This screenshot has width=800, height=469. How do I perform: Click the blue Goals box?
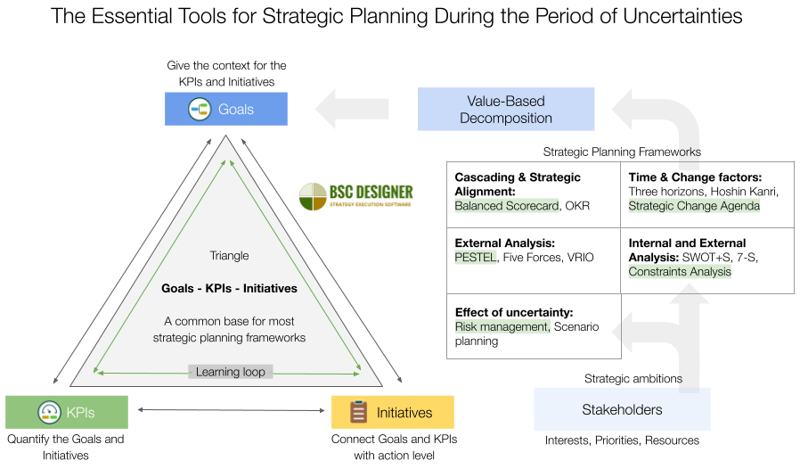click(225, 110)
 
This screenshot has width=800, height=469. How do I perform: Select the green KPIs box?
click(67, 413)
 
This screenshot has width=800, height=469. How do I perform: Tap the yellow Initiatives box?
click(392, 413)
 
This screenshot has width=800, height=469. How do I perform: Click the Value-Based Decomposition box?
click(506, 110)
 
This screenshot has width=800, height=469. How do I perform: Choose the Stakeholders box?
click(622, 410)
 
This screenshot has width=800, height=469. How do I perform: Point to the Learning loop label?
click(231, 372)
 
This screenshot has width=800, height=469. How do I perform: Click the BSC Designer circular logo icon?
click(313, 196)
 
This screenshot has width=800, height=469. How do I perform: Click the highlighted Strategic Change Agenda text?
click(694, 206)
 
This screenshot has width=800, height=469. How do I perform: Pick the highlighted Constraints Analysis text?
click(680, 272)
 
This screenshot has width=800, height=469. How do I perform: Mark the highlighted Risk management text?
click(501, 327)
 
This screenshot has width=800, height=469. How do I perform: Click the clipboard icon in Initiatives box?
click(358, 412)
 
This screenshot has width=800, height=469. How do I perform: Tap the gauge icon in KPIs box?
click(48, 413)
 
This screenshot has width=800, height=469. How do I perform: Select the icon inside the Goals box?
click(200, 110)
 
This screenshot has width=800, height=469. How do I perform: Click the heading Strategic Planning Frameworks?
click(622, 152)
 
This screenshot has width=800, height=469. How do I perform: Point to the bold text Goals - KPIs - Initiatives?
click(230, 289)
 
